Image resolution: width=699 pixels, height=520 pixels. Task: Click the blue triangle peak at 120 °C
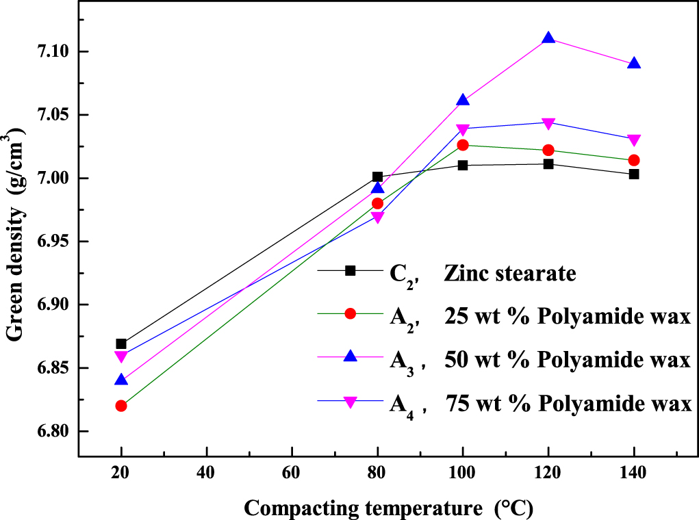pos(548,38)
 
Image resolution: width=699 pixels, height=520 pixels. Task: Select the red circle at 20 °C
pos(121,406)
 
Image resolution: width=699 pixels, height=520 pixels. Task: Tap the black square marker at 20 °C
pos(121,343)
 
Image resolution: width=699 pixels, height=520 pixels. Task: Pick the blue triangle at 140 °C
pos(634,64)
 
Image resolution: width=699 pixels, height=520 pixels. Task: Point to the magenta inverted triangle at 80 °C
pos(377,218)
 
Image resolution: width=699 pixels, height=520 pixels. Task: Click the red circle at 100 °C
pos(463,145)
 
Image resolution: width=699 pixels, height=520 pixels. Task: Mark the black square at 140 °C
pos(634,174)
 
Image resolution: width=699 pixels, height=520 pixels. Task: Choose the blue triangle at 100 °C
pos(463,100)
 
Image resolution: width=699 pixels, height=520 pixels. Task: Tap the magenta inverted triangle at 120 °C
pos(548,123)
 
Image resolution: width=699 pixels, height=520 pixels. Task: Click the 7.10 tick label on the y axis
pos(51,52)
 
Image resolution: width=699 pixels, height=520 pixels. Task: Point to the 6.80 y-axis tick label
pos(51,432)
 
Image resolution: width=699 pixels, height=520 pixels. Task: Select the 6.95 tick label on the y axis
pos(51,242)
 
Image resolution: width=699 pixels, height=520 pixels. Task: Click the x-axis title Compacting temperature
pos(387,508)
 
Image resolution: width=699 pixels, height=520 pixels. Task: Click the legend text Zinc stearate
pos(509,273)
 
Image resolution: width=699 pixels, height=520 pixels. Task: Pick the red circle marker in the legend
pos(351,313)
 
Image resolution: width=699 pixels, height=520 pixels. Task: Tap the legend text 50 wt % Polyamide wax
pos(567,359)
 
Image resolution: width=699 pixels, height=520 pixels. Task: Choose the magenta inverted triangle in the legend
pos(351,403)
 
